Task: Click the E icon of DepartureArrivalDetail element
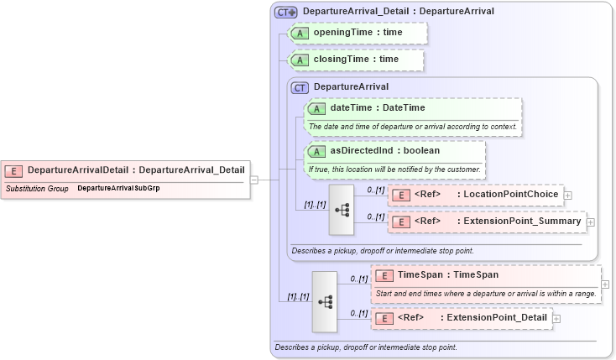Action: tap(14, 170)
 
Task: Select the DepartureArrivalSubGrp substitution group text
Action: tap(118, 189)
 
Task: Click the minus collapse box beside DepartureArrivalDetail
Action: tap(253, 180)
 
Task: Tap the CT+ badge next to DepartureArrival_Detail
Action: tap(286, 12)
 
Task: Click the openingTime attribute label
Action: tap(358, 32)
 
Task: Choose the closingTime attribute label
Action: tap(356, 60)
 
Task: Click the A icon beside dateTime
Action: tap(316, 108)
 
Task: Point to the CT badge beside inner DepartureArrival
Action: tap(299, 86)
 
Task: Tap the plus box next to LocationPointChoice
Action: tap(568, 196)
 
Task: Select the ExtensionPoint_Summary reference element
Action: tap(487, 222)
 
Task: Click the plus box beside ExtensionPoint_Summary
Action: tap(591, 222)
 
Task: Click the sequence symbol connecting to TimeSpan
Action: tap(324, 300)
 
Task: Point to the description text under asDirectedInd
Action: tap(394, 169)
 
